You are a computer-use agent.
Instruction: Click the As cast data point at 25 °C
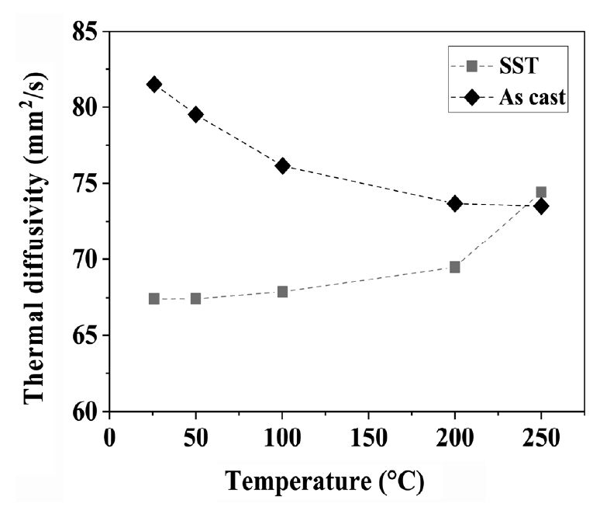153,84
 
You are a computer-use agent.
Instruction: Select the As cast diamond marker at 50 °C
195,114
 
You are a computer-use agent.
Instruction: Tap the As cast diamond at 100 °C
282,165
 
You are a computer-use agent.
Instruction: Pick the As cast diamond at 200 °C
455,203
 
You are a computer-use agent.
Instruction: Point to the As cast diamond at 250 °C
541,206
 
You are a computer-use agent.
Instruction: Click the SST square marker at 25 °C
153,299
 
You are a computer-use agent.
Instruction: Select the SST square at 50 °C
195,299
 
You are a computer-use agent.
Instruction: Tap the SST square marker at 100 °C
282,292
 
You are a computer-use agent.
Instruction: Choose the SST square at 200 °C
455,267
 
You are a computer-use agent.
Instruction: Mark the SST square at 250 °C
541,193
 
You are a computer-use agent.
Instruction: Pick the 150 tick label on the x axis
368,436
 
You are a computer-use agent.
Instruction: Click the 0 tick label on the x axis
110,436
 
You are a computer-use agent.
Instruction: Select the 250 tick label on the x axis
541,436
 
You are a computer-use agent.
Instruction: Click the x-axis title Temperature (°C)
326,481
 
